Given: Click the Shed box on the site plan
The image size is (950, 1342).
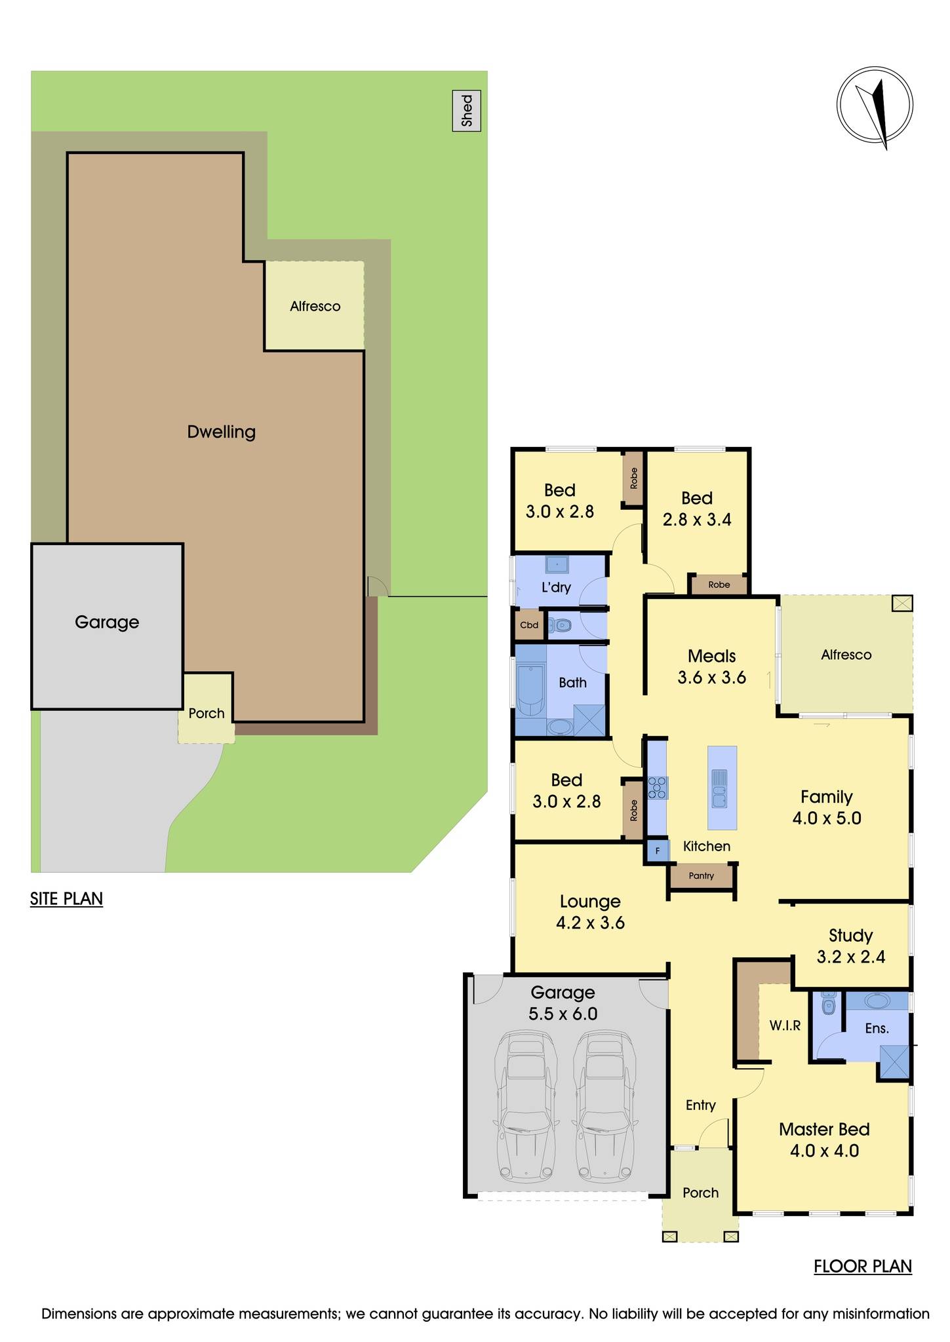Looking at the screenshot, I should (x=466, y=111).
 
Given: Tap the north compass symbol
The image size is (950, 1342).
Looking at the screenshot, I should (x=875, y=105).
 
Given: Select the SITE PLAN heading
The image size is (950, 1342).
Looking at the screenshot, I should (x=66, y=898).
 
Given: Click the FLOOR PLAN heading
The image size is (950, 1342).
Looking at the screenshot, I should (x=862, y=1267).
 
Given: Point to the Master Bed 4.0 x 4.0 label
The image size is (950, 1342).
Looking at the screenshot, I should (x=824, y=1140).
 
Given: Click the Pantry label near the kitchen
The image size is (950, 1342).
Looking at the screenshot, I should (x=701, y=876).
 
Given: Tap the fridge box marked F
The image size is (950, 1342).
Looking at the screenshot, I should (x=658, y=852).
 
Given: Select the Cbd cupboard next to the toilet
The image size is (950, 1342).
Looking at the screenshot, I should (x=529, y=625).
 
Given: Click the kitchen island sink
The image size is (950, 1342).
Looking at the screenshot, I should (x=719, y=788).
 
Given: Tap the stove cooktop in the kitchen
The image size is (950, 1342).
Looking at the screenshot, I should (x=658, y=787).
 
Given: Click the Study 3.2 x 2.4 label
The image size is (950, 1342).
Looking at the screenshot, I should (x=850, y=946).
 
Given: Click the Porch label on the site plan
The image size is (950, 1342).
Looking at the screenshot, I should (x=207, y=713).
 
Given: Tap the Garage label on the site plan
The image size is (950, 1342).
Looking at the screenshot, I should (x=107, y=622).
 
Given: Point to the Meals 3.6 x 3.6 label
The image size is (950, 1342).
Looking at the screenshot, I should (x=711, y=666).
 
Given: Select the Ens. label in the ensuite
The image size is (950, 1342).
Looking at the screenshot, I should (x=877, y=1029).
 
